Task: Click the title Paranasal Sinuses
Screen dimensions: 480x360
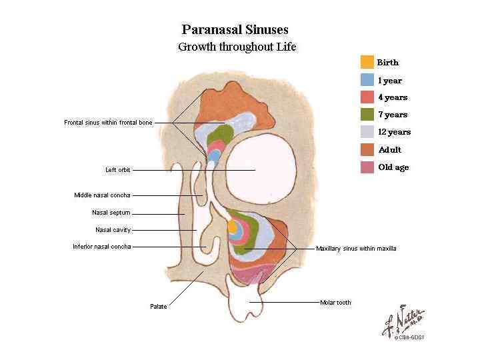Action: (235, 29)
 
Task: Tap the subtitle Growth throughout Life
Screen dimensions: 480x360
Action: (237, 47)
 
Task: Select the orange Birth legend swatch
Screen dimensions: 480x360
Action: (367, 63)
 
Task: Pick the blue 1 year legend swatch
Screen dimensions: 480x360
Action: (367, 80)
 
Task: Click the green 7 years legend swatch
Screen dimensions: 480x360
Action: (367, 115)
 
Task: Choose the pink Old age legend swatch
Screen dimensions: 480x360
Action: (367, 167)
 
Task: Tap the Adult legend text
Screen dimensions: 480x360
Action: (389, 150)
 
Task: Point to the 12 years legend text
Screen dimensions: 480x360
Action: (394, 132)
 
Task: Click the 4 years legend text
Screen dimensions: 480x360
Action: (393, 97)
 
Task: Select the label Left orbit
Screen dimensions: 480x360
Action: (118, 170)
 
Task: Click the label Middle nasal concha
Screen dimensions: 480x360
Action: (102, 195)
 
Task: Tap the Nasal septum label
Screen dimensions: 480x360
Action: (111, 213)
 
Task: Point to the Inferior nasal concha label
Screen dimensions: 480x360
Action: (102, 247)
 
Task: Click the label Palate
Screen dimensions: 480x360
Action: (159, 307)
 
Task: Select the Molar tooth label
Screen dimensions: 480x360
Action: (335, 303)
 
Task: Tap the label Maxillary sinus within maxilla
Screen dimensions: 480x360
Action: (356, 249)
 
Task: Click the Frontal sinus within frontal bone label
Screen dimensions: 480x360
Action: (108, 123)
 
